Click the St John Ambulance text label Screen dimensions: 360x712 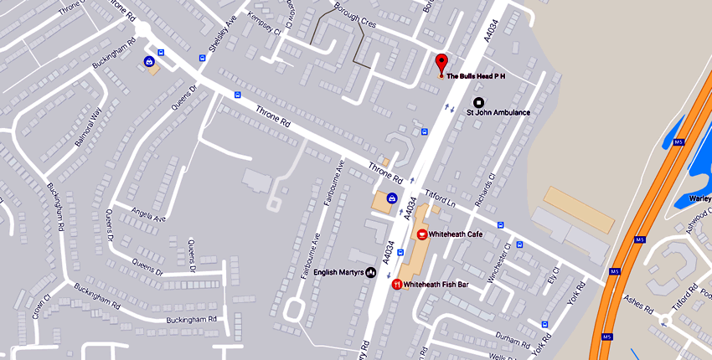(x=498, y=112)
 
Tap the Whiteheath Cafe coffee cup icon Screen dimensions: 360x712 (x=422, y=234)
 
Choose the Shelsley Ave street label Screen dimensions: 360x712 (x=219, y=34)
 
